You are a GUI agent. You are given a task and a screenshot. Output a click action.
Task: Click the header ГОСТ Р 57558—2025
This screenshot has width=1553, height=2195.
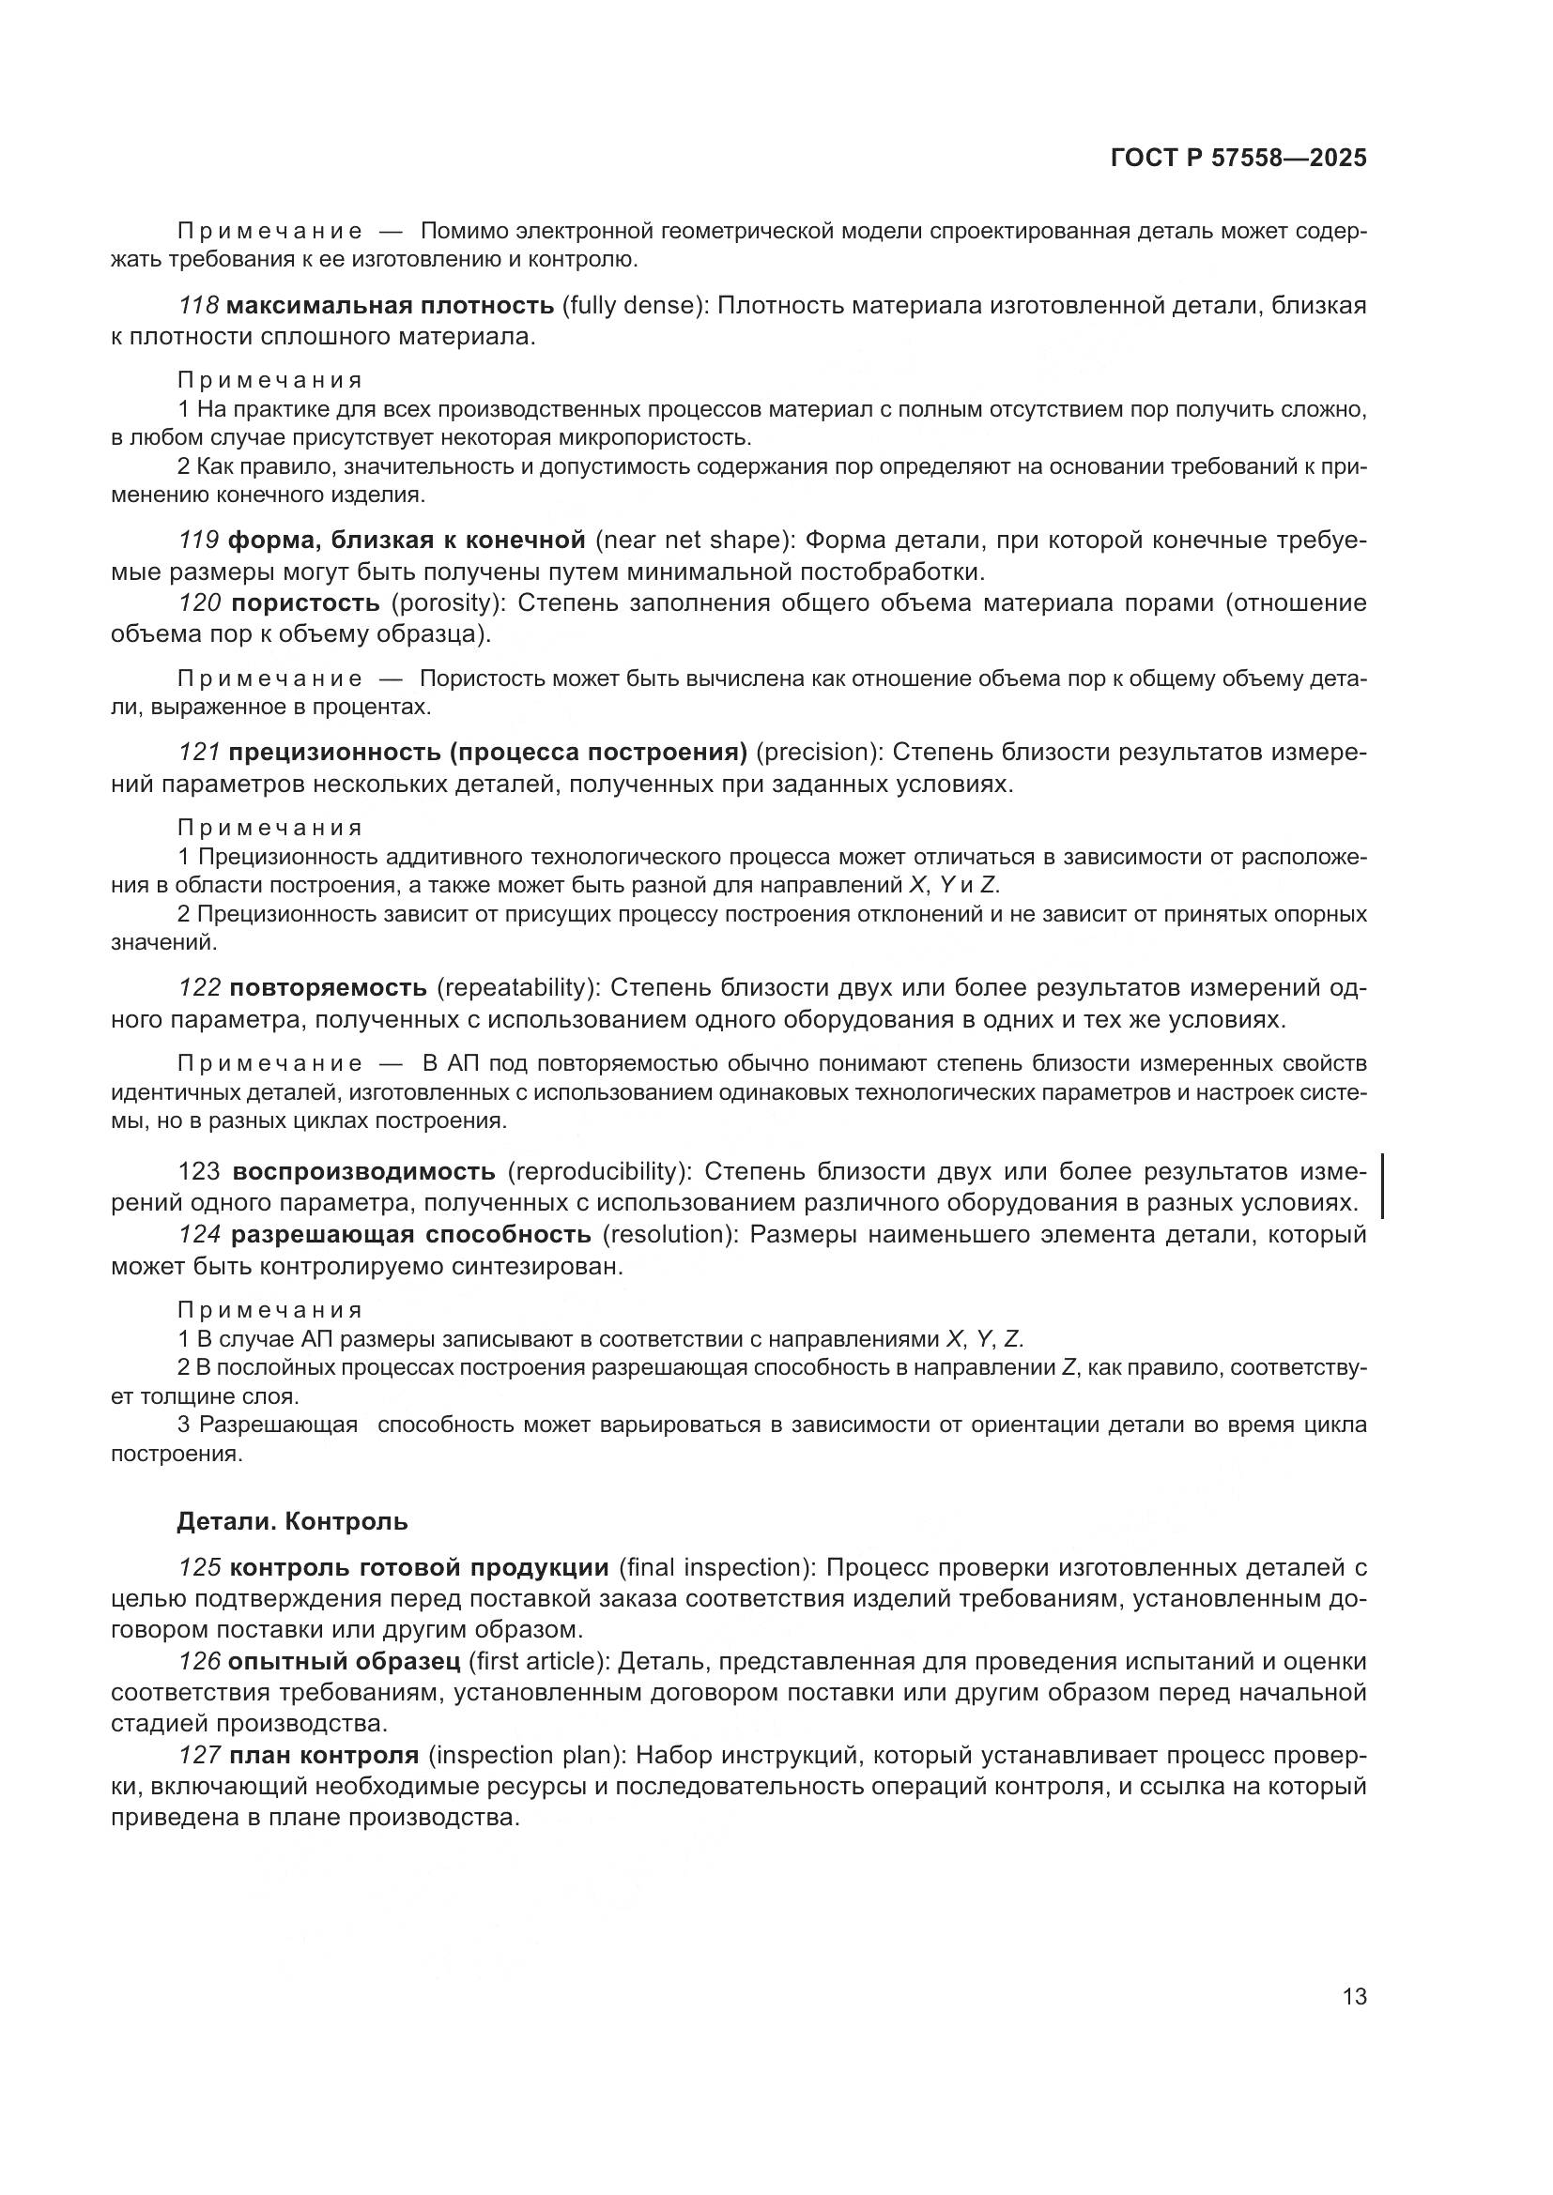1238,159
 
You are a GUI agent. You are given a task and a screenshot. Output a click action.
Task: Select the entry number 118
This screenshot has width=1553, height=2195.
199,306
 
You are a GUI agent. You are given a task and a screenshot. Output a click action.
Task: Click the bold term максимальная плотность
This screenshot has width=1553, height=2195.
392,306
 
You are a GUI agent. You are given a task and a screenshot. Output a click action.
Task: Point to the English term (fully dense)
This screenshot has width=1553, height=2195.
634,306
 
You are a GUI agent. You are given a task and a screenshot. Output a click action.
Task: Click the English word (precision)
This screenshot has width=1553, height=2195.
819,753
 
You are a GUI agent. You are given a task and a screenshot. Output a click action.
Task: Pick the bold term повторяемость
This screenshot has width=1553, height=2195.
328,987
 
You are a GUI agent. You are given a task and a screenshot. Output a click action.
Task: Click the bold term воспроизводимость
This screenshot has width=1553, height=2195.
364,1171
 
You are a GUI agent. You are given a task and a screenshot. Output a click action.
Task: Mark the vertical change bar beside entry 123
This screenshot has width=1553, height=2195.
1383,1186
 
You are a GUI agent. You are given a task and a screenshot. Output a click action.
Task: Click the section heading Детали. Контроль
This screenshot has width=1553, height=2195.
293,1521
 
